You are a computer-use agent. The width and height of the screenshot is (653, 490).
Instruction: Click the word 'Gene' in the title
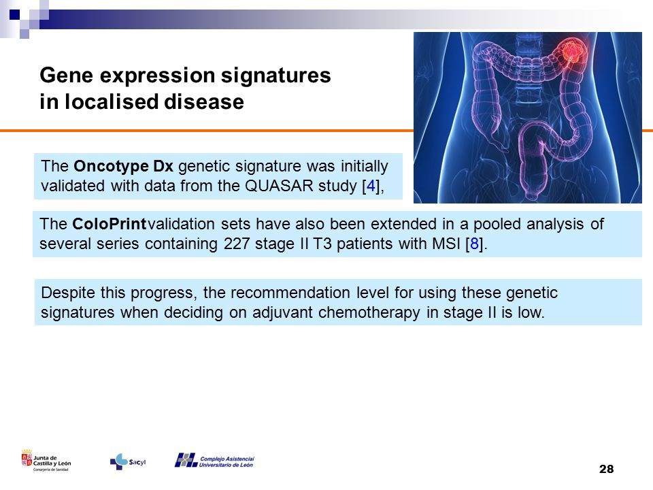coord(66,76)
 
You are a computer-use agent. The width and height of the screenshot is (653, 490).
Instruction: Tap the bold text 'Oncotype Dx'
coord(123,166)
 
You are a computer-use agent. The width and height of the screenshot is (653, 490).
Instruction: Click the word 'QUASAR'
coord(279,186)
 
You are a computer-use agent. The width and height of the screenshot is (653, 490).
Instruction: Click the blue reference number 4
coord(371,186)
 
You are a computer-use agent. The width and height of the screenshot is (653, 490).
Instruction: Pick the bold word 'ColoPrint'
coord(109,224)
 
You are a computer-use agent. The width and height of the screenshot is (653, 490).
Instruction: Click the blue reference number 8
coord(474,244)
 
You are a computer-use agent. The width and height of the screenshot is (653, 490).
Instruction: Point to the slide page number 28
coord(606,469)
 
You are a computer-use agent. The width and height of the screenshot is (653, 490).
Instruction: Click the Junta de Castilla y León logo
coord(46,461)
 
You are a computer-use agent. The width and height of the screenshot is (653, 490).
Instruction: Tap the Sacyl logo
coord(128,461)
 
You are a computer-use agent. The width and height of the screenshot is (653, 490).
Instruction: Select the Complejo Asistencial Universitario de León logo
coord(214,461)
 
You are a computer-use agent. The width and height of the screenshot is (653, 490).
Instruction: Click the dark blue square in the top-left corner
coord(14,15)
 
